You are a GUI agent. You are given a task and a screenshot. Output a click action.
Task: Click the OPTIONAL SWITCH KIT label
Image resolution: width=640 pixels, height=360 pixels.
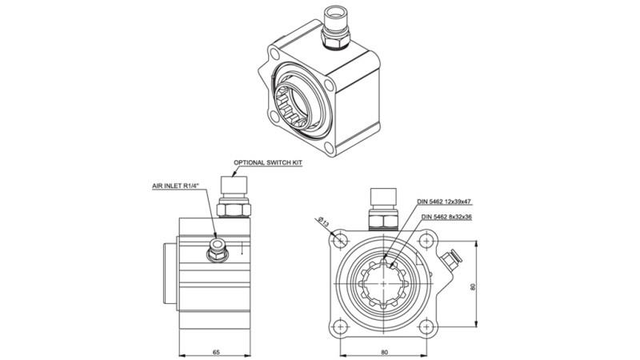click(x=269, y=162)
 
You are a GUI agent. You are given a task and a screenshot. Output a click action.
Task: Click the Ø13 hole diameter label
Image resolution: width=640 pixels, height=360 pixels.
click(x=325, y=220)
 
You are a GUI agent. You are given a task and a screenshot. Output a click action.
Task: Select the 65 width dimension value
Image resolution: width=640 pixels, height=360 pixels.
click(x=215, y=350)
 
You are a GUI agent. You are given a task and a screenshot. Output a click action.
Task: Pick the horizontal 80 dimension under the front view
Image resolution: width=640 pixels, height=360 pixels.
click(x=385, y=350)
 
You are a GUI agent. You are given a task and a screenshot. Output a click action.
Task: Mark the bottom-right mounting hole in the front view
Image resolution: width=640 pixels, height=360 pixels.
click(x=427, y=326)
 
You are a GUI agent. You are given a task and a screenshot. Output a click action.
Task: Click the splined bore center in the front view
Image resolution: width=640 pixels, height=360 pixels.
click(x=385, y=283)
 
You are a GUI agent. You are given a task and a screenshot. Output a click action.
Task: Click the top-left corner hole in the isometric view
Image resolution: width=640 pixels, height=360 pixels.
click(x=274, y=55)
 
